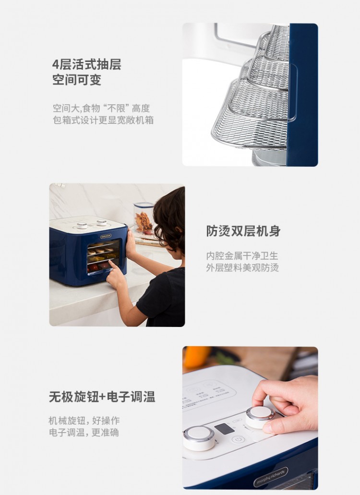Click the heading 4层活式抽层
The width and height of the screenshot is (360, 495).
[87, 64]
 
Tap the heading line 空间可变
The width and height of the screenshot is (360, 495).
[77, 80]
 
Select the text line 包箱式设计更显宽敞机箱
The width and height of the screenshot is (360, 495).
[103, 121]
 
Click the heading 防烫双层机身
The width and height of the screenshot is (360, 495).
[243, 231]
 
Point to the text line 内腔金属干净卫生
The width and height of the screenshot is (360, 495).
[242, 255]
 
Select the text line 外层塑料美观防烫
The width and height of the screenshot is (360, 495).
[242, 268]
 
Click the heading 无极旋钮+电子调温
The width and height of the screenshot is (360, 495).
[102, 397]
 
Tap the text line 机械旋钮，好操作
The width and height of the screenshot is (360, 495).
[84, 421]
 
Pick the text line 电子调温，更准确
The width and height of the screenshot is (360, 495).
[84, 433]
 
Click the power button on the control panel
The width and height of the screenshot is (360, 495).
[238, 439]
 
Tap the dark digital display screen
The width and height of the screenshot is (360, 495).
[224, 429]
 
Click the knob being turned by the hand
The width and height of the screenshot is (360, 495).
[260, 417]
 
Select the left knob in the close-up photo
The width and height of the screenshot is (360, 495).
[199, 438]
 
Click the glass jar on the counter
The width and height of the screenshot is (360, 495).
[144, 218]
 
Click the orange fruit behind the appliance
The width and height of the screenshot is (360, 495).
[197, 357]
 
